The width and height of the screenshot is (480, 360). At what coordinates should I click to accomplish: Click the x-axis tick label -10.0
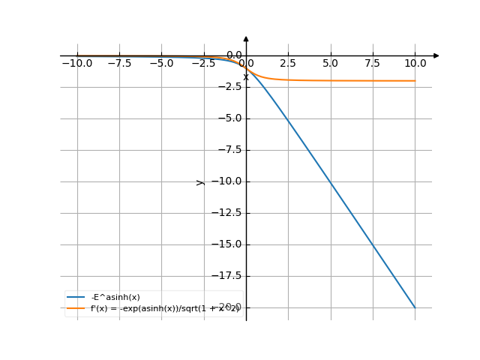click(x=76, y=64)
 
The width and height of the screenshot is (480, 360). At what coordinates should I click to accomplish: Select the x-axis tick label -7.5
click(x=119, y=64)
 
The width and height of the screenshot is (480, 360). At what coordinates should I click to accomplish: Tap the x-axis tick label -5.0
click(x=161, y=64)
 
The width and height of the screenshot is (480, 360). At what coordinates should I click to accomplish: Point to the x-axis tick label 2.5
click(x=288, y=64)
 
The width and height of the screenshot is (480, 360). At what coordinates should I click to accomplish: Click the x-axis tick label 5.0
click(x=330, y=64)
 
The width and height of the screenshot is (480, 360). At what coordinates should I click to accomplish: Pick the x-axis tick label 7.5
click(x=373, y=64)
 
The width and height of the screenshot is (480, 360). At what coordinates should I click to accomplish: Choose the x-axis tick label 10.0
click(x=415, y=64)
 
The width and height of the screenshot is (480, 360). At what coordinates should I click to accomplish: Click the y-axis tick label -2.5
click(x=226, y=87)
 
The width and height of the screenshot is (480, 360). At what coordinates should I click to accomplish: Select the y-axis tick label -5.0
click(x=226, y=118)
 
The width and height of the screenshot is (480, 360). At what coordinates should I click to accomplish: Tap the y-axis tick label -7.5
click(x=226, y=150)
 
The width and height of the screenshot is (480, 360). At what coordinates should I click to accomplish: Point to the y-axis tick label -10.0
click(x=224, y=181)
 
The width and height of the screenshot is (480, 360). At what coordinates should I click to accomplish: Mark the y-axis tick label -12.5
click(x=224, y=213)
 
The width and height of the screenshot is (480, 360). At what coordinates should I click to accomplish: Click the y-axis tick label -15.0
click(x=224, y=244)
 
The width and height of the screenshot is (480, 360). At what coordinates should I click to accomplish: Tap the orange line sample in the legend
click(x=76, y=308)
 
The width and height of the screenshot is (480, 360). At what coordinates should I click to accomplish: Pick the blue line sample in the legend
click(x=76, y=297)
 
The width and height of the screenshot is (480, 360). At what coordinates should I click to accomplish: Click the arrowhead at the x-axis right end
click(x=436, y=55)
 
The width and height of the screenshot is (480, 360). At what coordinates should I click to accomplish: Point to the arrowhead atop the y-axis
click(x=246, y=38)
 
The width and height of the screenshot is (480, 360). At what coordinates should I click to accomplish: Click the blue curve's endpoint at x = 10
click(x=415, y=307)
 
